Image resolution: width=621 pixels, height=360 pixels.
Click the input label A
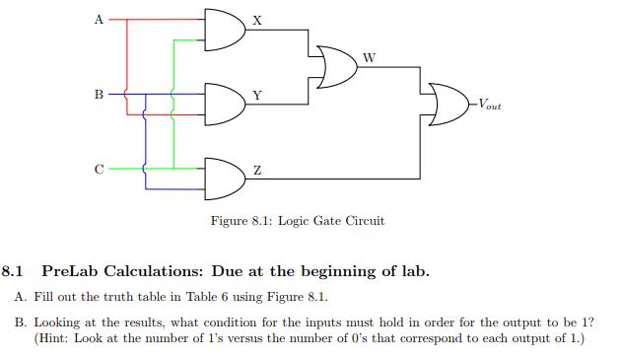[98, 19]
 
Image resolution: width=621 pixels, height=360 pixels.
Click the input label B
[98, 96]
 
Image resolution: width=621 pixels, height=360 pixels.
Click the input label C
[98, 170]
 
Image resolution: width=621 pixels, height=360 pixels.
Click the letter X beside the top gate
[257, 20]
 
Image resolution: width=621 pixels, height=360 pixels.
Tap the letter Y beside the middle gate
[257, 95]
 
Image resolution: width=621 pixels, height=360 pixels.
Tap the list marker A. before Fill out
[21, 298]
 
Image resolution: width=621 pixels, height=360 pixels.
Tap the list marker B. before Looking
[21, 323]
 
